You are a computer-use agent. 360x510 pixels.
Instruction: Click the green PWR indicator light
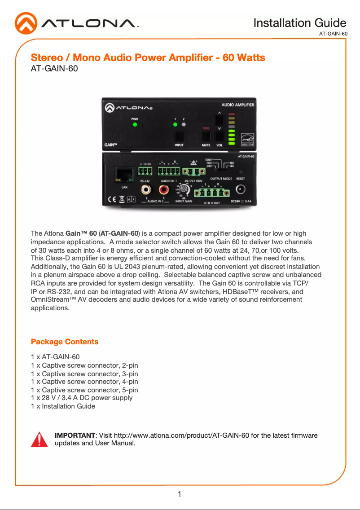pyautogui.click(x=134, y=124)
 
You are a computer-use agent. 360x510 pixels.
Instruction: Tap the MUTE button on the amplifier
pyautogui.click(x=206, y=136)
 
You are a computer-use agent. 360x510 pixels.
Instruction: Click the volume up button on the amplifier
pyautogui.click(x=220, y=121)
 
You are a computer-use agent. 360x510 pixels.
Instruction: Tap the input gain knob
pyautogui.click(x=183, y=189)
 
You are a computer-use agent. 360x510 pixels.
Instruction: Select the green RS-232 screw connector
pyautogui.click(x=145, y=171)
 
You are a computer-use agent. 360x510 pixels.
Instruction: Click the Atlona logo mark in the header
pyautogui.click(x=26, y=23)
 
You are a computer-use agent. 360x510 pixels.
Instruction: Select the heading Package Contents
pyautogui.click(x=65, y=342)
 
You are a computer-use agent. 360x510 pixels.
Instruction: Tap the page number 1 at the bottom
pyautogui.click(x=180, y=494)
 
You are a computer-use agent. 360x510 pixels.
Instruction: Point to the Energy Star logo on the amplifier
pyautogui.click(x=247, y=139)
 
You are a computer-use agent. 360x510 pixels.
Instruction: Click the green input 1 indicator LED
pyautogui.click(x=176, y=124)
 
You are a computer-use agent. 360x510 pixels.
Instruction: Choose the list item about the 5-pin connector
pyautogui.click(x=84, y=390)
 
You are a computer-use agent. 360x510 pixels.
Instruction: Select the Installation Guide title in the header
pyautogui.click(x=299, y=23)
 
